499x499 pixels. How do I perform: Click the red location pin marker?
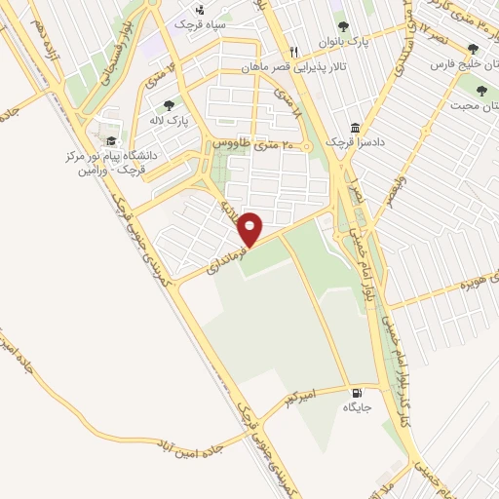pos(250,228)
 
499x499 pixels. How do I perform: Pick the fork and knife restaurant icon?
pos(293,53)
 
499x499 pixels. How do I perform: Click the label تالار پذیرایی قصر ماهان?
pos(293,67)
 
